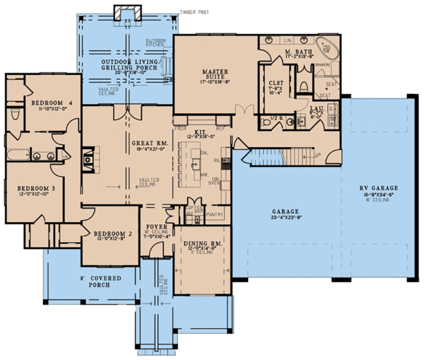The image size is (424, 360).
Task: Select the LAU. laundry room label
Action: click(317, 108)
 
